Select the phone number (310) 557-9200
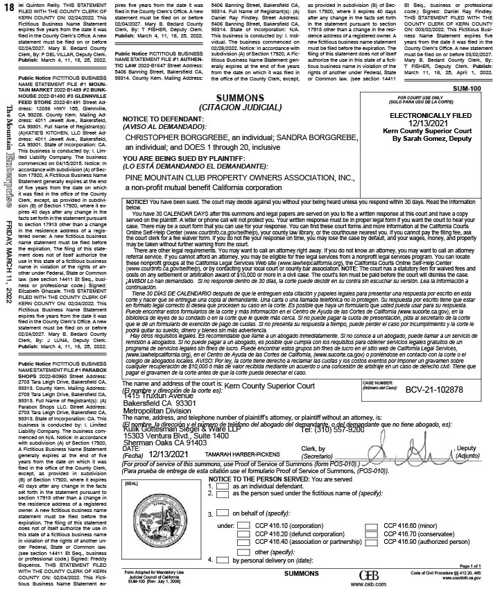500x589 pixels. (323, 429)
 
